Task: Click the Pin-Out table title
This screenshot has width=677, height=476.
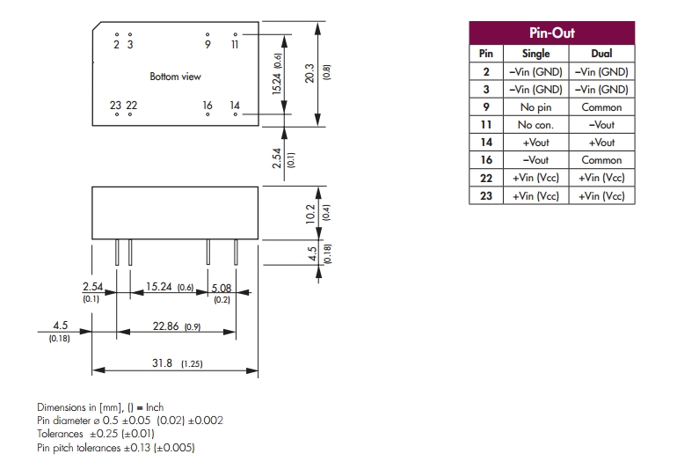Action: (x=551, y=33)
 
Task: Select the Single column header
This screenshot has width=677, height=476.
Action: (x=535, y=54)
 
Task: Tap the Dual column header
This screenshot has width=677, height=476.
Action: (x=601, y=54)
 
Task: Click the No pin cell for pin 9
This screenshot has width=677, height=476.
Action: (x=535, y=107)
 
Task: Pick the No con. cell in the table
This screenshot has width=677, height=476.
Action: (x=535, y=125)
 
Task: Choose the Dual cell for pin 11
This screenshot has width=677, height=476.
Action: (x=601, y=125)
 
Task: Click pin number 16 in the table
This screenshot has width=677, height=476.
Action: (x=486, y=160)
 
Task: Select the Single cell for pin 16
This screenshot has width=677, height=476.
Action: (x=535, y=160)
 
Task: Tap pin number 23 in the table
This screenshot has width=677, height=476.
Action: (x=486, y=196)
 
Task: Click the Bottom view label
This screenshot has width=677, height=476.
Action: (x=175, y=77)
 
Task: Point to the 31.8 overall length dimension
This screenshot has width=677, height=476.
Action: (x=164, y=363)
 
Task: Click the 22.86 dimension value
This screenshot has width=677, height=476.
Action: (x=165, y=326)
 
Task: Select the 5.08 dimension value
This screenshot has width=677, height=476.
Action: (x=221, y=287)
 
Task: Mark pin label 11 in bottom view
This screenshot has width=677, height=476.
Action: (x=235, y=44)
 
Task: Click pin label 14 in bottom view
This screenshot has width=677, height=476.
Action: (x=235, y=106)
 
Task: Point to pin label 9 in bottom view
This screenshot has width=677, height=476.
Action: (x=207, y=44)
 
